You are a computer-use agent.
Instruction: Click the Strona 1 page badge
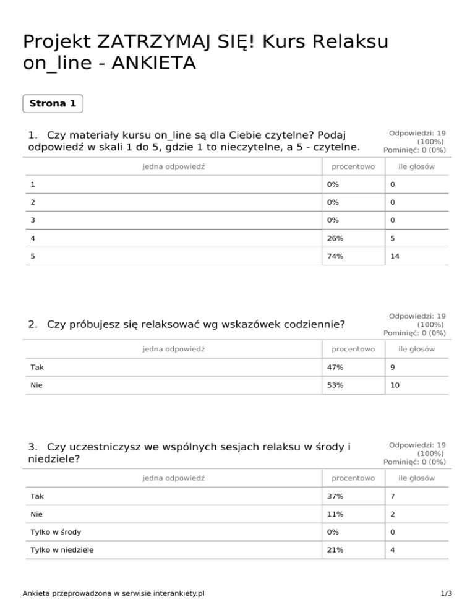click(53, 103)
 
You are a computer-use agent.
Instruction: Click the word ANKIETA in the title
click(149, 64)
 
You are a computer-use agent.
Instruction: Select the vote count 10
click(395, 385)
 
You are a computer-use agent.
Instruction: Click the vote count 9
click(392, 368)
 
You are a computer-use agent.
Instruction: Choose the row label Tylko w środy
click(56, 532)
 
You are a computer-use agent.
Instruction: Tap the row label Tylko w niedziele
click(61, 550)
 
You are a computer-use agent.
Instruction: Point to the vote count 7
click(392, 496)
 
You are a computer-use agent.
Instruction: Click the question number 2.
click(32, 324)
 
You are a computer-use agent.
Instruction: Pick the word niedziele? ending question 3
click(54, 460)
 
